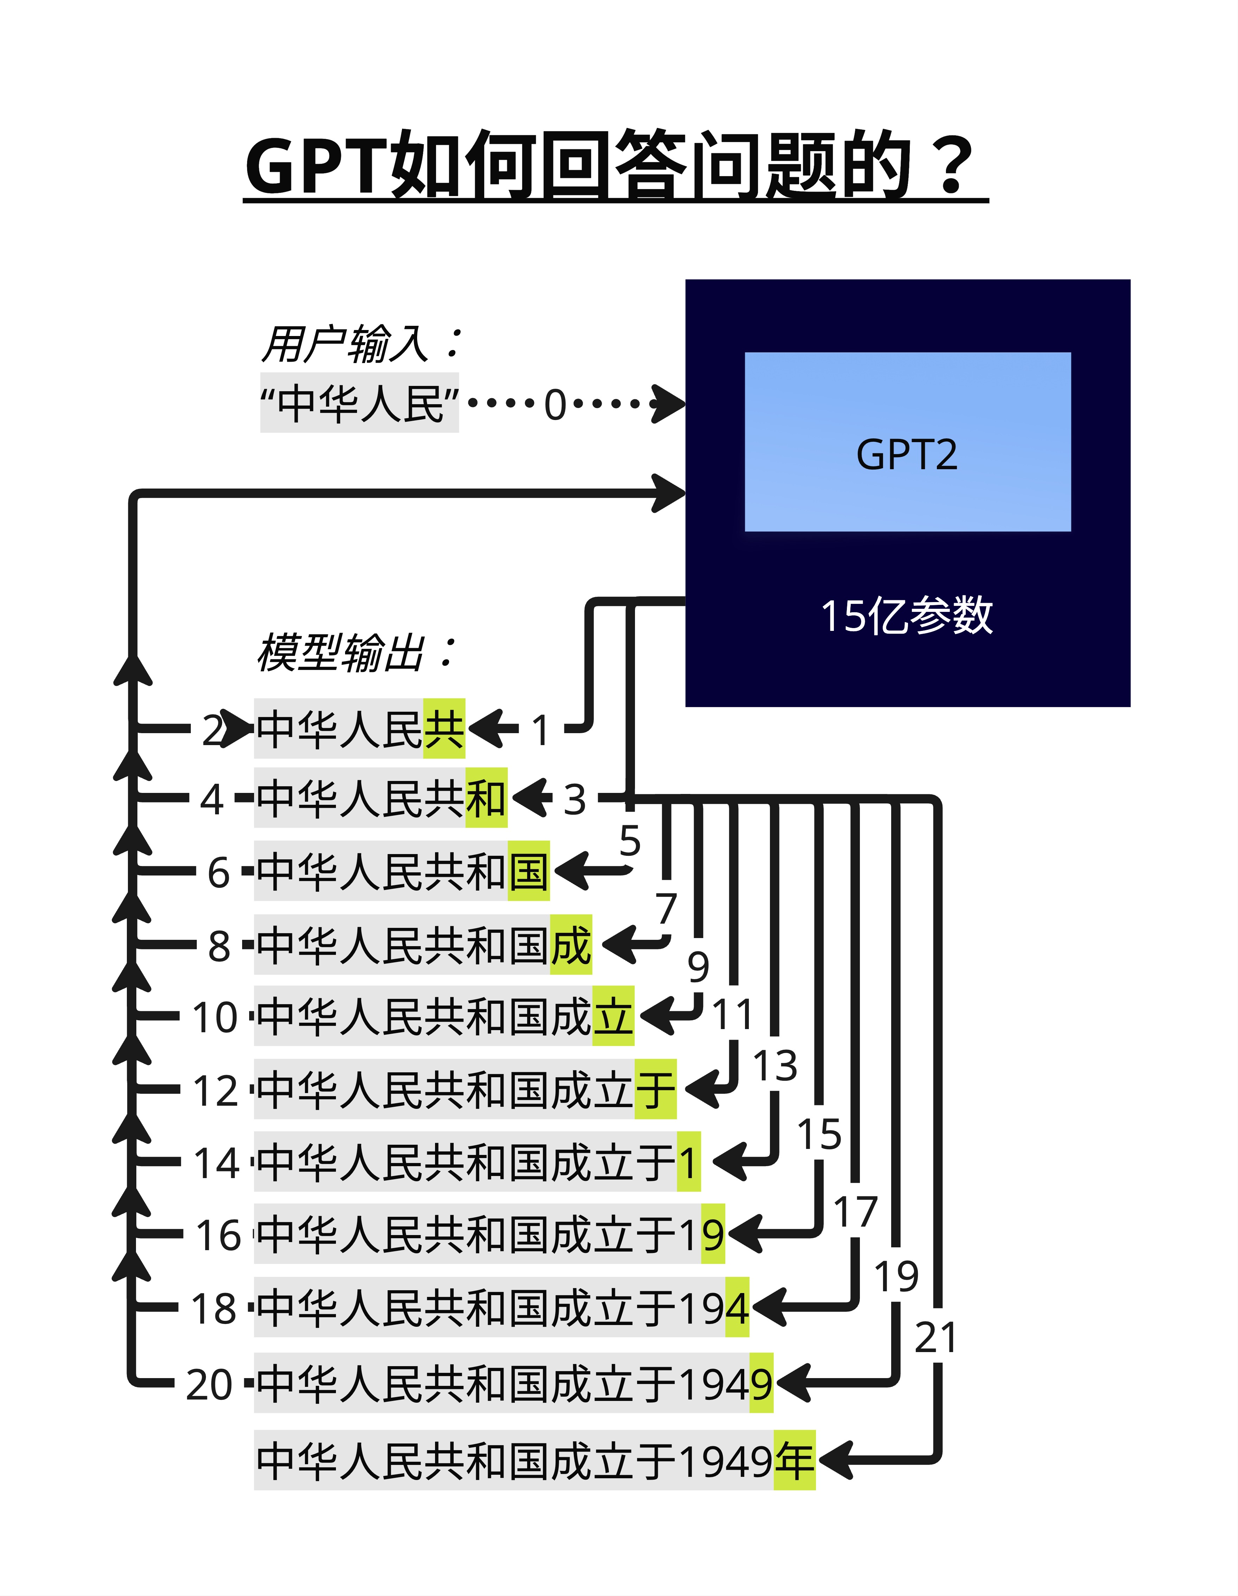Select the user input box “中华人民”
pos(359,403)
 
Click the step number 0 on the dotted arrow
pos(556,404)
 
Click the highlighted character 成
pos(571,944)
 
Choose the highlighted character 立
pos(613,1016)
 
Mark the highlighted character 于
pos(655,1089)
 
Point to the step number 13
pos(776,1065)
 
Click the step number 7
pos(666,908)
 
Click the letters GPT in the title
pos(317,166)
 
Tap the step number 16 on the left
pos(218,1235)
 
